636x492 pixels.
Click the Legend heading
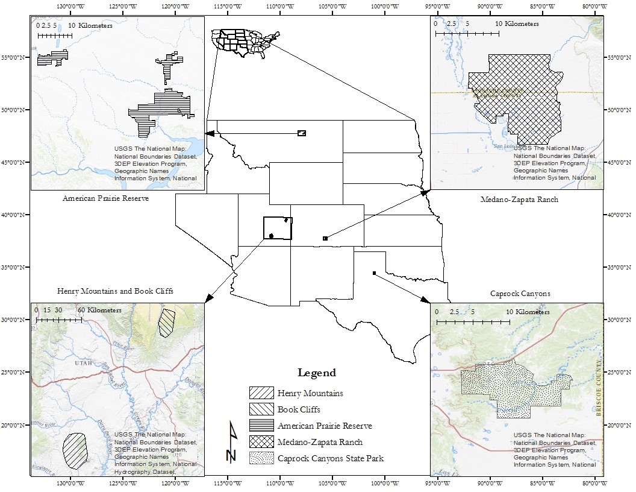317,373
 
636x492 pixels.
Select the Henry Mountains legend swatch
261,393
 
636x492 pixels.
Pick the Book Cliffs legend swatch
261,409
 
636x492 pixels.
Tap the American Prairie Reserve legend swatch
261,426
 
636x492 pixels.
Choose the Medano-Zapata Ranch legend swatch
261,442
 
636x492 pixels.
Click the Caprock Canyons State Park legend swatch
261,458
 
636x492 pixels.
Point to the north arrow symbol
231,443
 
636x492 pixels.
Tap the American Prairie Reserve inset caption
105,198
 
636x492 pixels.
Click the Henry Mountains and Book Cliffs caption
115,291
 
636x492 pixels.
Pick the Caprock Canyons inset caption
520,294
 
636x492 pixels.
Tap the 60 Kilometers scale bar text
99,310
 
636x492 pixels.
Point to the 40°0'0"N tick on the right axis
618,215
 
